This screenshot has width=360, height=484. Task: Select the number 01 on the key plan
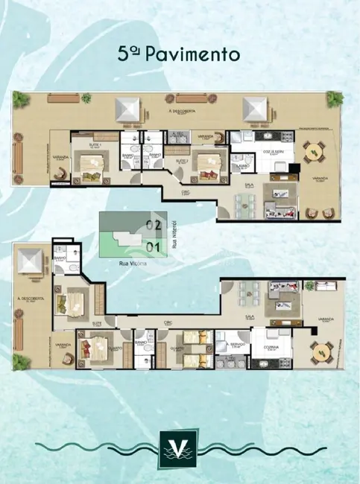tap(155, 245)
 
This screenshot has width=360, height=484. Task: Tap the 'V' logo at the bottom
tap(179, 451)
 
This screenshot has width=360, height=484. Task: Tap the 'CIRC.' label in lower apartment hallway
tap(169, 323)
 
